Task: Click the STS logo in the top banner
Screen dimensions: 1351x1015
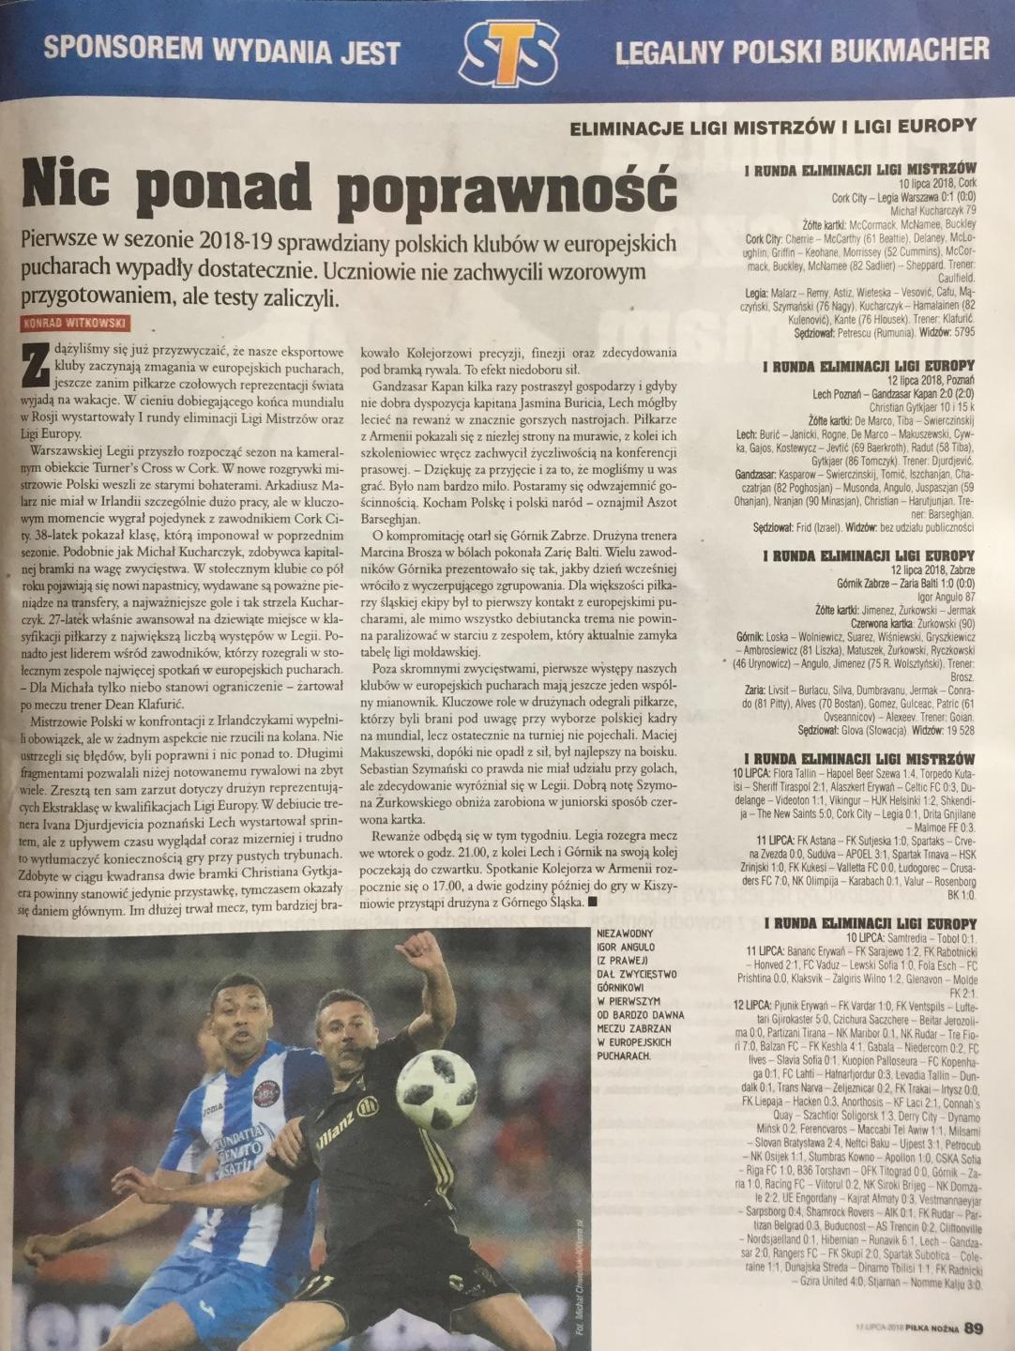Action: (x=507, y=51)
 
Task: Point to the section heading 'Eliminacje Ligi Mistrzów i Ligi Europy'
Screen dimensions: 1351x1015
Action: (x=774, y=126)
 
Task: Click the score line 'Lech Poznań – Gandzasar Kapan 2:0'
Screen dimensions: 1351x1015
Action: (x=894, y=395)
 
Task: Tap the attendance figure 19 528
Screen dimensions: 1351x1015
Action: (x=953, y=729)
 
